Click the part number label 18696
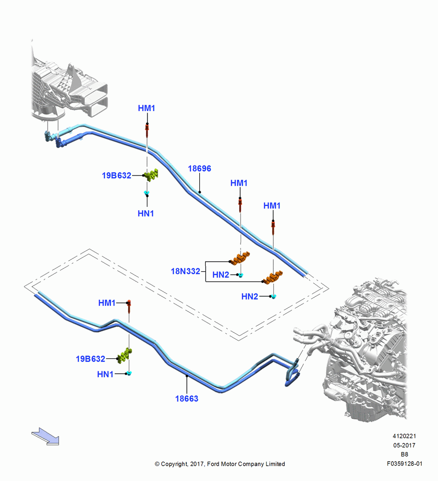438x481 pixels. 199,168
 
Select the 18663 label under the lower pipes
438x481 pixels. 186,398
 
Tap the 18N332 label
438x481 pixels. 185,271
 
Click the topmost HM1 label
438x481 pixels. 146,108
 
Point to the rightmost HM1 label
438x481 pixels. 272,205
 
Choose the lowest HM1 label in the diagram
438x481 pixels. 107,303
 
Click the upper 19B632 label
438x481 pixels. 116,176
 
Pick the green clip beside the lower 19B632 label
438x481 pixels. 125,356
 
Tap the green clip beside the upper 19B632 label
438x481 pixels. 151,175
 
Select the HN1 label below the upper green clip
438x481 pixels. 146,213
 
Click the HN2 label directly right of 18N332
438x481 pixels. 220,275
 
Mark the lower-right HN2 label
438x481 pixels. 250,296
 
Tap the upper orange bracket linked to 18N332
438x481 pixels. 240,259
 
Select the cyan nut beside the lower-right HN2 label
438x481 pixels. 274,296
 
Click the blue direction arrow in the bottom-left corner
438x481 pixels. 45,436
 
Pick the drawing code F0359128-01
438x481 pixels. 404,464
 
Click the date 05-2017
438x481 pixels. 404,445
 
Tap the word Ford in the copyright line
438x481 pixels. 214,464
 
